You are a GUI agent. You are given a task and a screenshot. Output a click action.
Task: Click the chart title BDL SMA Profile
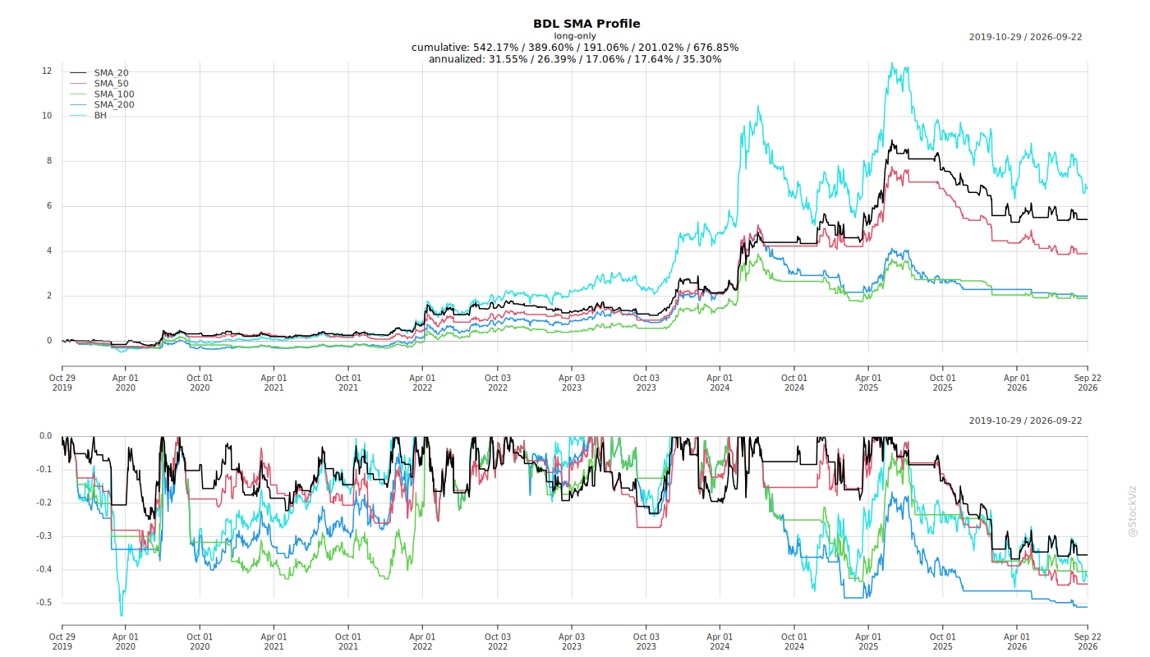tap(586, 24)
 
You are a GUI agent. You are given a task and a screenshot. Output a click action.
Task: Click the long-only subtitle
tap(575, 36)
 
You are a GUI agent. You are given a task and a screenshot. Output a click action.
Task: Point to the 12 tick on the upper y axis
tap(47, 71)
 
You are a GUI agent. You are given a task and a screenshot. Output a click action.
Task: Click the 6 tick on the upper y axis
tap(49, 206)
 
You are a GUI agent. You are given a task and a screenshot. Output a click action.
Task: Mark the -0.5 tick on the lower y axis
tap(44, 603)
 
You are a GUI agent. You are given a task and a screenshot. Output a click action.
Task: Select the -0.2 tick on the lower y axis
tap(44, 503)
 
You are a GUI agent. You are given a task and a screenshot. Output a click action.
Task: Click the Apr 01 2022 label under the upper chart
tap(422, 383)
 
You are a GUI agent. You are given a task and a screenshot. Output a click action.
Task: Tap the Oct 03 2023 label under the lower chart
tap(646, 641)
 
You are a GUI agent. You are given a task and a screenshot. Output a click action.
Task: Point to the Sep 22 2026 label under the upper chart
tap(1088, 383)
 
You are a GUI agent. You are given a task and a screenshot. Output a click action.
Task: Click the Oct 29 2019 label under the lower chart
tap(62, 641)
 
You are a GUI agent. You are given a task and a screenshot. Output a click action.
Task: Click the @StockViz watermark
tap(1132, 511)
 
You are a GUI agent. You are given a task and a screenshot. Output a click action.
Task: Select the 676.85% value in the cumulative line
tap(716, 48)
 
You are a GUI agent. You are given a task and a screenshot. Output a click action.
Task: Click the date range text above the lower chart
tap(1025, 420)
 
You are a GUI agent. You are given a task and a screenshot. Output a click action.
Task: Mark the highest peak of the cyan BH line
tap(892, 63)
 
